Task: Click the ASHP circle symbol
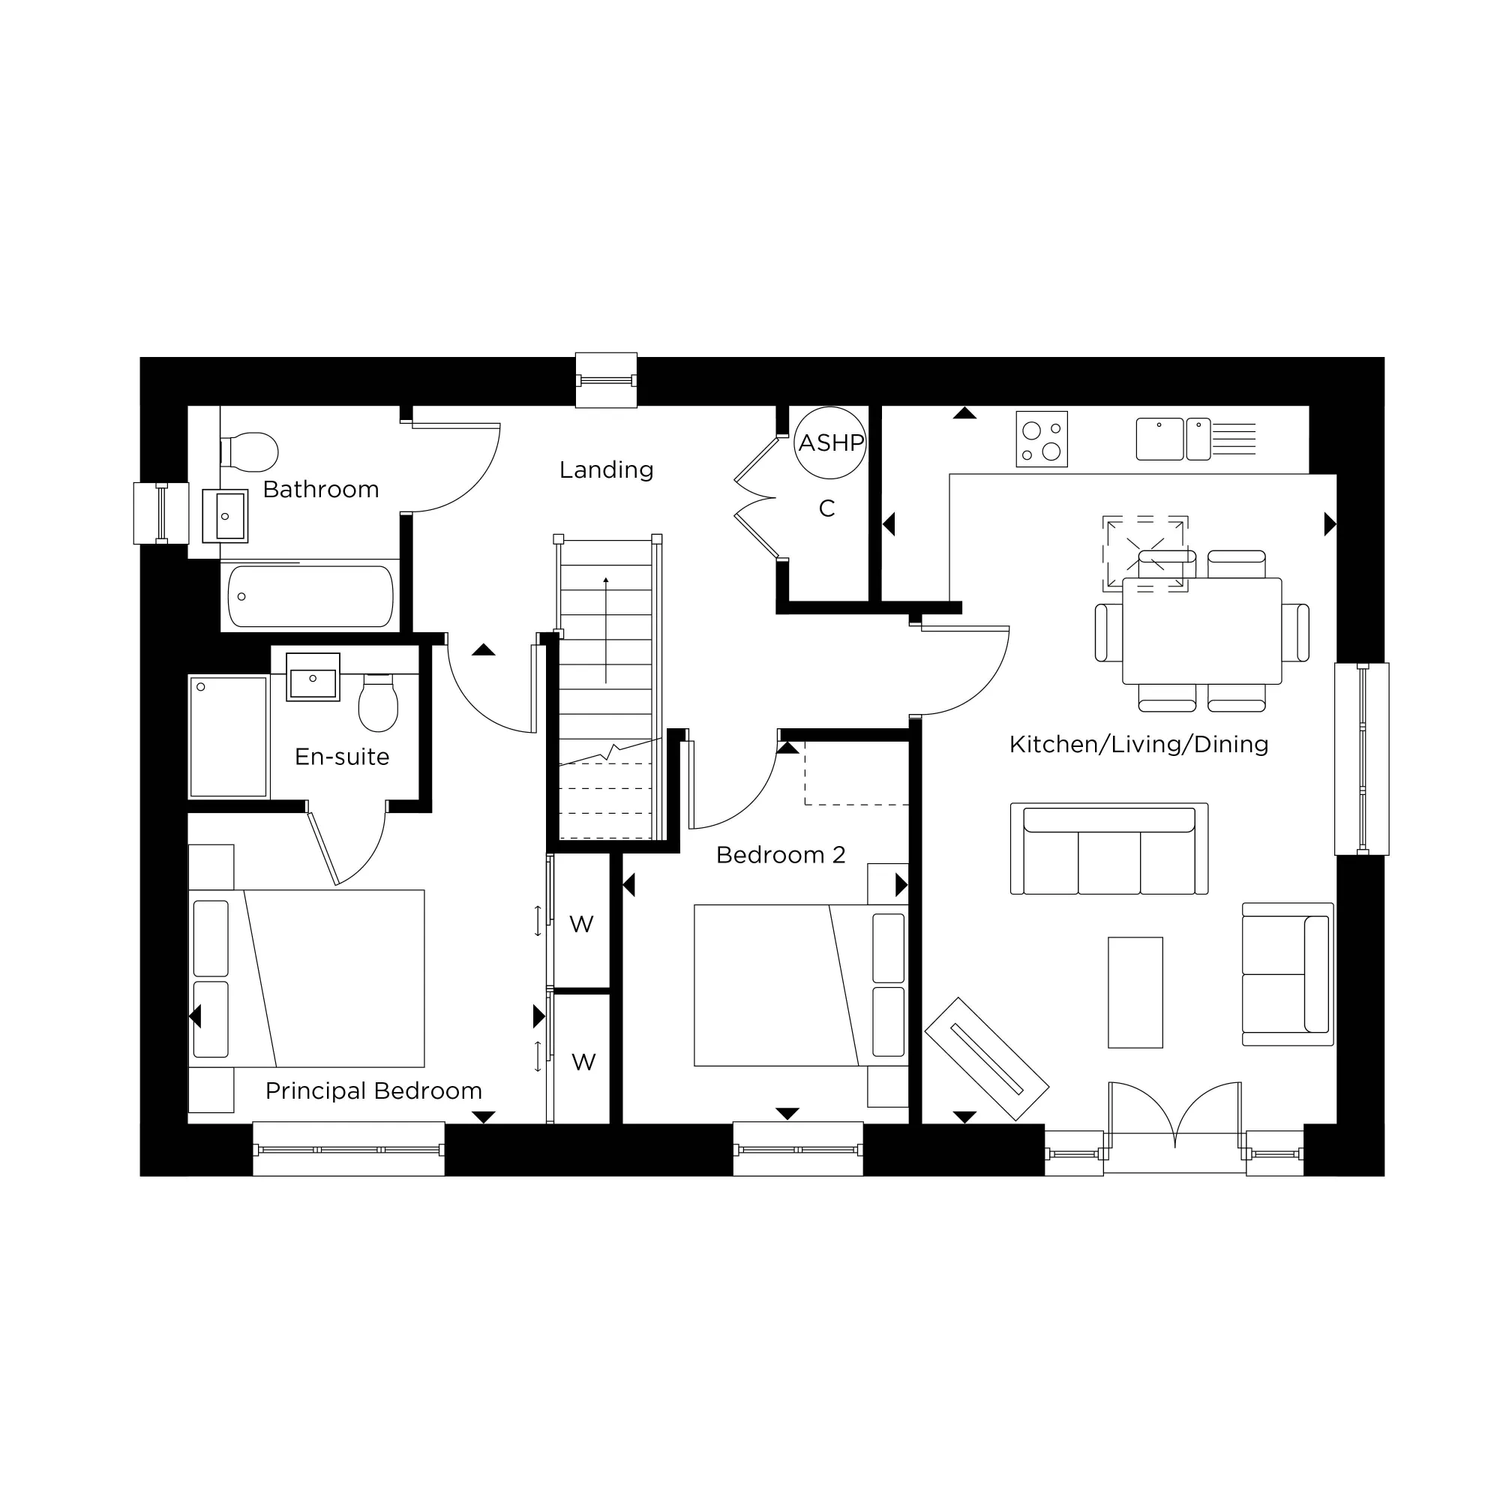[x=830, y=442]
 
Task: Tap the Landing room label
[x=606, y=469]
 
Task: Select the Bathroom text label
[x=321, y=489]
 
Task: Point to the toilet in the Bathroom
[x=250, y=451]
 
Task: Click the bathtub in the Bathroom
[x=310, y=595]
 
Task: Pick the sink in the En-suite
[x=313, y=677]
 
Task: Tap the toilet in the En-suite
[x=378, y=703]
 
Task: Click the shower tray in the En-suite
[x=228, y=736]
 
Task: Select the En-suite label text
[x=341, y=757]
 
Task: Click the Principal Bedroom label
[x=373, y=1090]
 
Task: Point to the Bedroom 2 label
[x=780, y=855]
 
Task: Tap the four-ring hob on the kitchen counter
[x=1042, y=439]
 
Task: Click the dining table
[x=1201, y=631]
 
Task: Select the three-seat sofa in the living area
[x=1108, y=850]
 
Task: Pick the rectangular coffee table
[x=1135, y=992]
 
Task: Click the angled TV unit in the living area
[x=987, y=1059]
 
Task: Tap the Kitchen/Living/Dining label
[x=1139, y=745]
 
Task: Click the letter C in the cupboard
[x=826, y=508]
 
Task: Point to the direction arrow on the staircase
[x=605, y=629]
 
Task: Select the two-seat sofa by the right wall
[x=1287, y=973]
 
